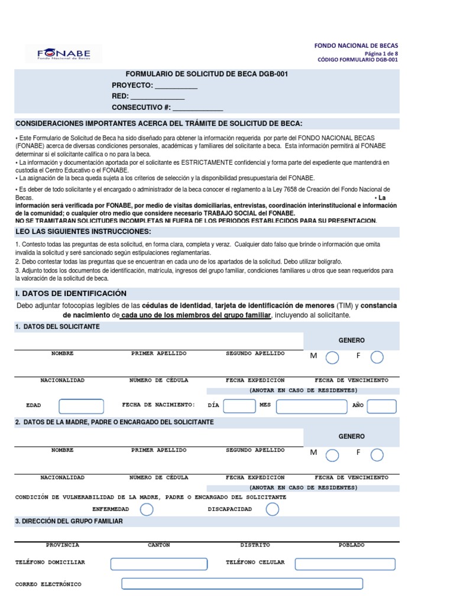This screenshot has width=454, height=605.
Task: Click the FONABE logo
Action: pos(63,54)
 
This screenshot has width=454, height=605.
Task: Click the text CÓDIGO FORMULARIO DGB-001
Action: pos(358,60)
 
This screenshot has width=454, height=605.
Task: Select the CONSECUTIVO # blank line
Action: pos(198,108)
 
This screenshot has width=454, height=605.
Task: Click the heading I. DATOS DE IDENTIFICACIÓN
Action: pos(70,294)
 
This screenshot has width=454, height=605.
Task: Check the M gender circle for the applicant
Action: pos(333,357)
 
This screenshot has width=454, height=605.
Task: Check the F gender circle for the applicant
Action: pos(377,357)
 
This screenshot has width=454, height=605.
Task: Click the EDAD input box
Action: pos(81,406)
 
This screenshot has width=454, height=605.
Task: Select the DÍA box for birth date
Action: pos(239,406)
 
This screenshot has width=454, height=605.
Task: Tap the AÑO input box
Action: pos(382,406)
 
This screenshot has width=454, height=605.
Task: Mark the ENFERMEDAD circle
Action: pos(147,509)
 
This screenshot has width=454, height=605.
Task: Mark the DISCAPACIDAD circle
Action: pos(273,509)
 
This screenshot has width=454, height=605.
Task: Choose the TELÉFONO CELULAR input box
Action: pos(337,563)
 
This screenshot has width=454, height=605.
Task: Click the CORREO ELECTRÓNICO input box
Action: pos(242,584)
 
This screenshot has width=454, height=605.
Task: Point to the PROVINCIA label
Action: pos(62,545)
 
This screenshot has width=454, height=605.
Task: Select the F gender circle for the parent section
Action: pos(377,454)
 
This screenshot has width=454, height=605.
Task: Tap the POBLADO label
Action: pos(351,545)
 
